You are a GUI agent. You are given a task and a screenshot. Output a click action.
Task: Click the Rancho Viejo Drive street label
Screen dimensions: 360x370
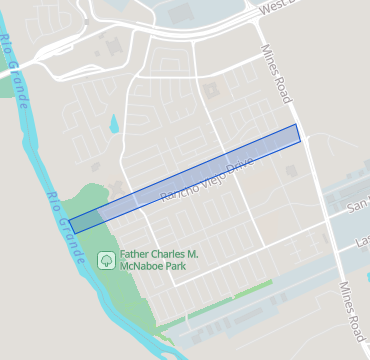pos(208,177)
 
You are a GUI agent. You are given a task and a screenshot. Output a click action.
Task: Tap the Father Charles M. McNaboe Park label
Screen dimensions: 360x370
pos(158,262)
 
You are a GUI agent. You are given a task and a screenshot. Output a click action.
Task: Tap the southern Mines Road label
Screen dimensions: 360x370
pos(351,307)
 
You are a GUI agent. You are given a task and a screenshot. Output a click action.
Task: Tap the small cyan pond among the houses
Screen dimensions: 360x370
pos(113,125)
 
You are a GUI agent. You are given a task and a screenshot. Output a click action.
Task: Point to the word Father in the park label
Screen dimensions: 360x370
pos(138,255)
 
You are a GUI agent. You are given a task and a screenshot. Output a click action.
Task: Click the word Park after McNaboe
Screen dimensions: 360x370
pos(183,269)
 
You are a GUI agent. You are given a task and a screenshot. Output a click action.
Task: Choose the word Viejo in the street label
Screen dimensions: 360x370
pos(211,176)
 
